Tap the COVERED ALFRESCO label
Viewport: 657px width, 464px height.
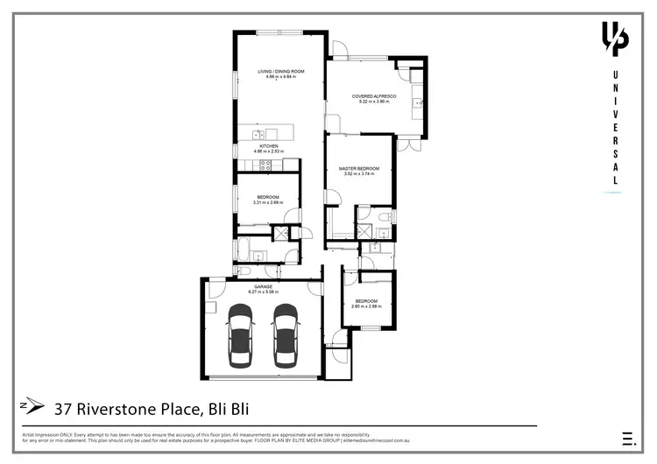pos(374,96)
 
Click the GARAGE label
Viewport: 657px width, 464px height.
pos(264,286)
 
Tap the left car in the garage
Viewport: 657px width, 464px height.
pos(240,336)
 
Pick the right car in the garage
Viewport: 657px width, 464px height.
pos(286,336)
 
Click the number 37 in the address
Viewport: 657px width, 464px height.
pos(63,407)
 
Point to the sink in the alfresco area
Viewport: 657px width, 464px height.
pos(417,104)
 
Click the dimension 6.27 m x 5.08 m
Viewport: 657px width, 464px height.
pos(264,292)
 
